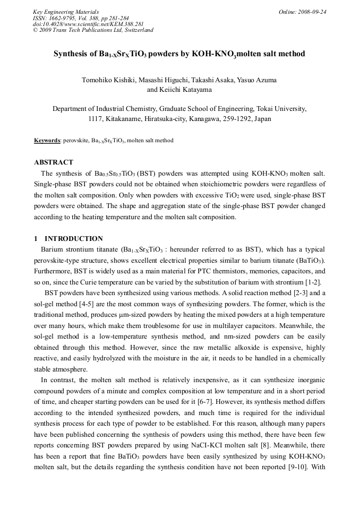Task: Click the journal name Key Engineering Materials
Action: [x=66, y=12]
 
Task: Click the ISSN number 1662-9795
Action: [x=63, y=18]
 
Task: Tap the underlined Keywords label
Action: [x=47, y=141]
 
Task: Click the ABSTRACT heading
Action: [x=54, y=162]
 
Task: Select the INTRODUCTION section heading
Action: [x=74, y=238]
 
